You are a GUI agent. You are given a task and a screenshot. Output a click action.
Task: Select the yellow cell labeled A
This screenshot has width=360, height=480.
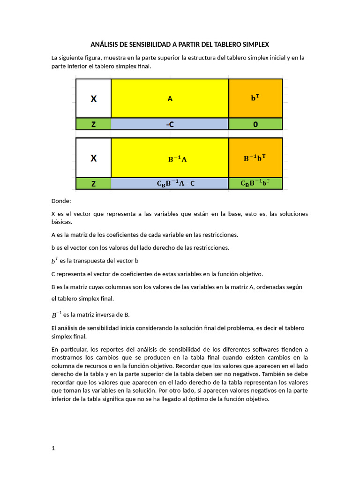click(x=170, y=98)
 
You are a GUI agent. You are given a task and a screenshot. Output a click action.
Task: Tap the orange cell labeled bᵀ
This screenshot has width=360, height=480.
click(x=255, y=98)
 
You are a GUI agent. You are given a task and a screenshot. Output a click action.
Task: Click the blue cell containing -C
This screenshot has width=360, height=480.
click(x=170, y=124)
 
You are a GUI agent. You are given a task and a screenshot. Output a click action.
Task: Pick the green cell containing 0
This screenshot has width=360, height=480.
click(x=255, y=124)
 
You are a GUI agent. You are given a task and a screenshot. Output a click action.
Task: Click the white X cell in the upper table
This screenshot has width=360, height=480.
click(x=94, y=98)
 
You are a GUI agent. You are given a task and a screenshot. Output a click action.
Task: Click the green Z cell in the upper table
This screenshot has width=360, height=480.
click(x=94, y=124)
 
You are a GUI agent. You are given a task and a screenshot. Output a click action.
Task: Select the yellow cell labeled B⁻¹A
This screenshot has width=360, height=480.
click(x=170, y=158)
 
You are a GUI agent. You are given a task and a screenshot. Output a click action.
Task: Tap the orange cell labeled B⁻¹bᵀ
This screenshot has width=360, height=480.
click(x=255, y=158)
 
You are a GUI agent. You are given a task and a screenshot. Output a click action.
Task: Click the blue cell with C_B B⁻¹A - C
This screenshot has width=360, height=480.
click(x=170, y=184)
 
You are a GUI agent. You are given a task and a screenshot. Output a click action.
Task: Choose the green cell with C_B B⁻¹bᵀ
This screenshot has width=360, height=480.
click(x=255, y=184)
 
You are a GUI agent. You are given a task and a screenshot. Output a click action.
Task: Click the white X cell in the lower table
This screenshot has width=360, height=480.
click(x=94, y=158)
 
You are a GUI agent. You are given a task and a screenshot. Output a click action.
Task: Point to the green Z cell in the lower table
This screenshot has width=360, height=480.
click(x=94, y=184)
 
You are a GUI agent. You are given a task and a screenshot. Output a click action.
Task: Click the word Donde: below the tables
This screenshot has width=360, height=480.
click(x=61, y=201)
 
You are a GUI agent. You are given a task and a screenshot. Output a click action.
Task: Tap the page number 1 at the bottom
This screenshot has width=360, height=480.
click(x=53, y=448)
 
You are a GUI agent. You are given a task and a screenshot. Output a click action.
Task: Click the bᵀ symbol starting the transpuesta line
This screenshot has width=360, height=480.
click(x=55, y=260)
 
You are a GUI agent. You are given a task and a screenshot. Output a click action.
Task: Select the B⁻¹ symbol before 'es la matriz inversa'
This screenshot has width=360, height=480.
click(x=56, y=314)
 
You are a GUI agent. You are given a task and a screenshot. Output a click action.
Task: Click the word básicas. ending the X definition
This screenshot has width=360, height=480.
click(x=62, y=222)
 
